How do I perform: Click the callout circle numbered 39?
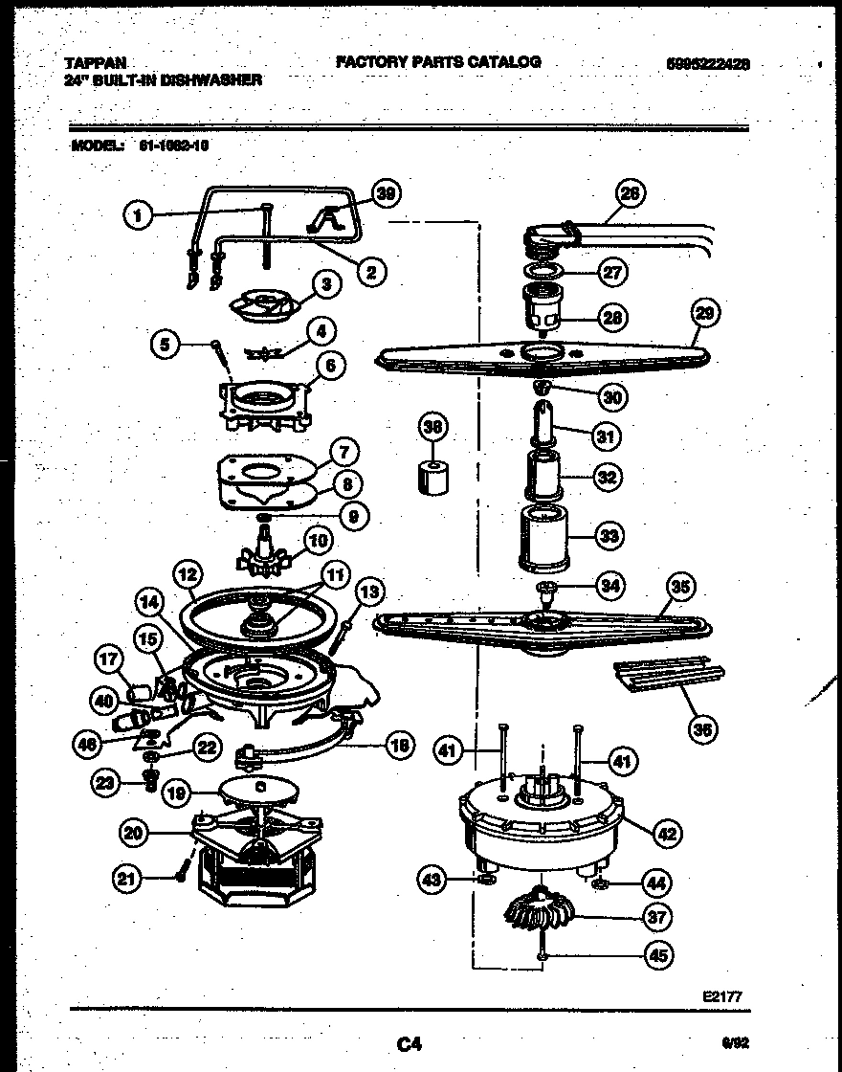click(x=385, y=193)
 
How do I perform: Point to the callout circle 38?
click(x=434, y=428)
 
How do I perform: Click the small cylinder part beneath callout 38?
click(x=435, y=476)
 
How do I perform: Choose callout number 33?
click(x=609, y=536)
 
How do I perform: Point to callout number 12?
click(x=188, y=575)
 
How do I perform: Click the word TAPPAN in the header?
click(x=95, y=62)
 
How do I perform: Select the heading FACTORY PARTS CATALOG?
click(x=438, y=61)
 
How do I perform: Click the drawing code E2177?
click(x=721, y=996)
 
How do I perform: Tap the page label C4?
click(x=409, y=1044)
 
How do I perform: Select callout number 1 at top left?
click(x=139, y=215)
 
